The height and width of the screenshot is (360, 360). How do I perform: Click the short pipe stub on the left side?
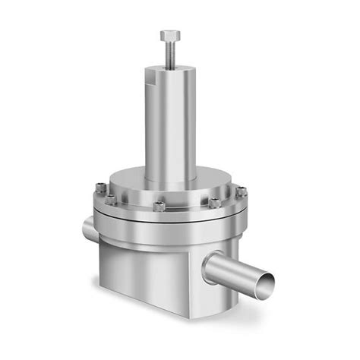click(x=86, y=226)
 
